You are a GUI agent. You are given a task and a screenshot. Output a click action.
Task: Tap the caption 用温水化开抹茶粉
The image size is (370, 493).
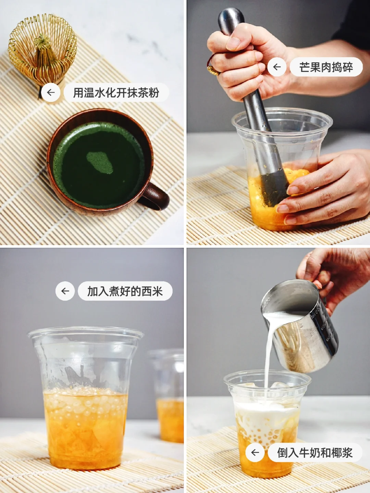click(116, 92)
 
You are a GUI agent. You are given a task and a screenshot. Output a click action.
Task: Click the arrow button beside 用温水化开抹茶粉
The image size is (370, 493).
click(51, 92)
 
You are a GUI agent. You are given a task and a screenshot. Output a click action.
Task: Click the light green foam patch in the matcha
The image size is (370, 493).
click(100, 163)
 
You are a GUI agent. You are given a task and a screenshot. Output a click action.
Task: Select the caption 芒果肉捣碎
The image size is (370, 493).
click(326, 67)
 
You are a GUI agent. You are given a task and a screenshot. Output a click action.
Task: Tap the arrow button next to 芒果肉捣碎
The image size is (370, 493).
click(277, 67)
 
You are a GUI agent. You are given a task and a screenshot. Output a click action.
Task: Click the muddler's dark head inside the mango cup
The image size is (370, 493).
click(274, 189)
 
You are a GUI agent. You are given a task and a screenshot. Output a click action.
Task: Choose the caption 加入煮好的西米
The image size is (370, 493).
click(125, 291)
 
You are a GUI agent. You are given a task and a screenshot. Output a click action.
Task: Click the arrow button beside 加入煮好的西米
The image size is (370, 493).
click(65, 291)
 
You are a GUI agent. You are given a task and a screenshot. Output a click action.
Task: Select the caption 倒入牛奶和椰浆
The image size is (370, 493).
click(315, 453)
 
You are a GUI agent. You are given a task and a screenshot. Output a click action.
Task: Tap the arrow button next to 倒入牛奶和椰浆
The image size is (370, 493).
click(255, 453)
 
